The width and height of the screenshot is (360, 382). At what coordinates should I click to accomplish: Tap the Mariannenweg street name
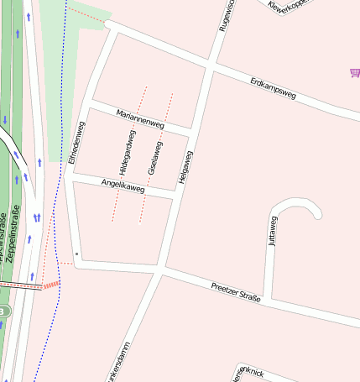point(140,118)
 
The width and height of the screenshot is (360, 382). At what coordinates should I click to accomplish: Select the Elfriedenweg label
point(77,142)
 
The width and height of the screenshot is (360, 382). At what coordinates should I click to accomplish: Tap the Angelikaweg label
point(123,186)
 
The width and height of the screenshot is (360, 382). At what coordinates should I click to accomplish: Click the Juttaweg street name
point(272,229)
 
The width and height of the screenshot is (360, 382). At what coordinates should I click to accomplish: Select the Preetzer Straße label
point(235,287)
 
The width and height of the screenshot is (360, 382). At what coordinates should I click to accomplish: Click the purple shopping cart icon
point(354,74)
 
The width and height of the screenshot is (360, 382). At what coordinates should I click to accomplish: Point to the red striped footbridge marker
point(51,285)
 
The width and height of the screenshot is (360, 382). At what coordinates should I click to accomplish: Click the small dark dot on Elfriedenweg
point(76,253)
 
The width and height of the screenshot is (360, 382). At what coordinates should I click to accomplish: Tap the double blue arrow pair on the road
point(37,217)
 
